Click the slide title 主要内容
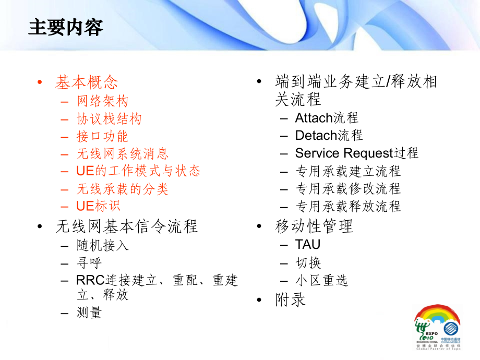tap(66, 27)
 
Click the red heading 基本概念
tap(87, 82)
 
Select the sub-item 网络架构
tap(102, 101)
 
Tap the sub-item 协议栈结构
tap(109, 119)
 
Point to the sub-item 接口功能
tap(102, 136)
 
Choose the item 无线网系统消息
tap(123, 153)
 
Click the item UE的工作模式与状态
tap(138, 171)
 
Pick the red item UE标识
tap(98, 206)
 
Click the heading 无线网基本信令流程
tap(126, 226)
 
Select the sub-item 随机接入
tap(102, 245)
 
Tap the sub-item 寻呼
tap(89, 262)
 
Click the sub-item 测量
tap(89, 313)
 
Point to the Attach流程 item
tap(327, 118)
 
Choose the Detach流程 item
tap(329, 136)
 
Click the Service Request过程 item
tap(356, 153)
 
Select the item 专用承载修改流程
tap(348, 188)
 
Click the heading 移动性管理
tap(314, 226)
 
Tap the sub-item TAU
tap(308, 244)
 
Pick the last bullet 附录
tap(290, 299)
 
